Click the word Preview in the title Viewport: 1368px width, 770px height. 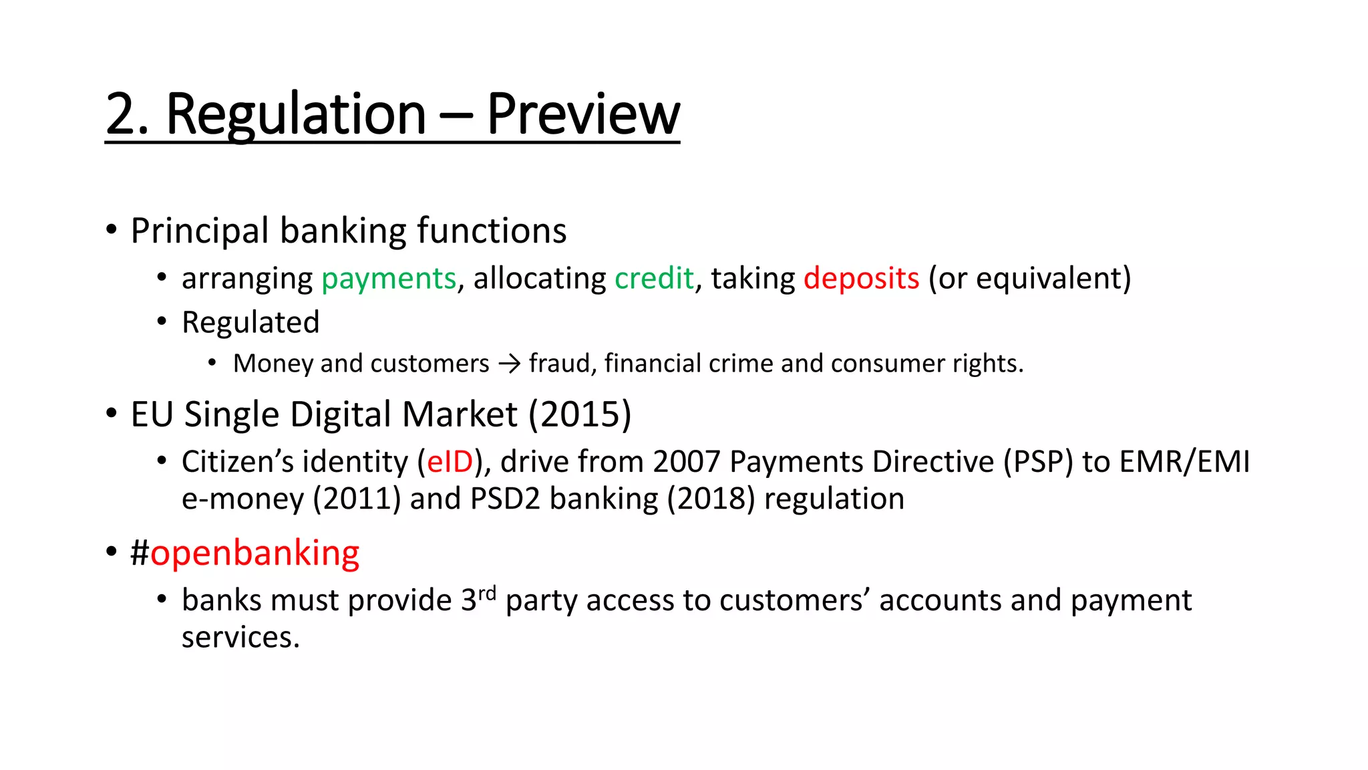point(582,114)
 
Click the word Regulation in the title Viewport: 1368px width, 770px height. point(295,114)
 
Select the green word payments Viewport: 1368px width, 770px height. point(389,278)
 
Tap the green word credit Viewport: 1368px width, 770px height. point(654,278)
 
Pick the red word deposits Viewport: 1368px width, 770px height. point(861,278)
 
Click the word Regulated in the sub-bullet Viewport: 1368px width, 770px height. point(250,322)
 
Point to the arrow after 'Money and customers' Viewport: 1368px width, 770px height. point(509,364)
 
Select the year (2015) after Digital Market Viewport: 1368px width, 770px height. point(580,414)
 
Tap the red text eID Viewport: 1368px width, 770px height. point(450,462)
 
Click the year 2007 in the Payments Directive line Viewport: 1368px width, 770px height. point(687,462)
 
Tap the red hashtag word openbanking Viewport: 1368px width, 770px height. point(254,553)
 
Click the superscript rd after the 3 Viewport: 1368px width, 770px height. point(487,593)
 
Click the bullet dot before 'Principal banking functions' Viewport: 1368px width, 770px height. point(112,230)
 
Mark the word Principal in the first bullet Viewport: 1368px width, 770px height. point(199,231)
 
